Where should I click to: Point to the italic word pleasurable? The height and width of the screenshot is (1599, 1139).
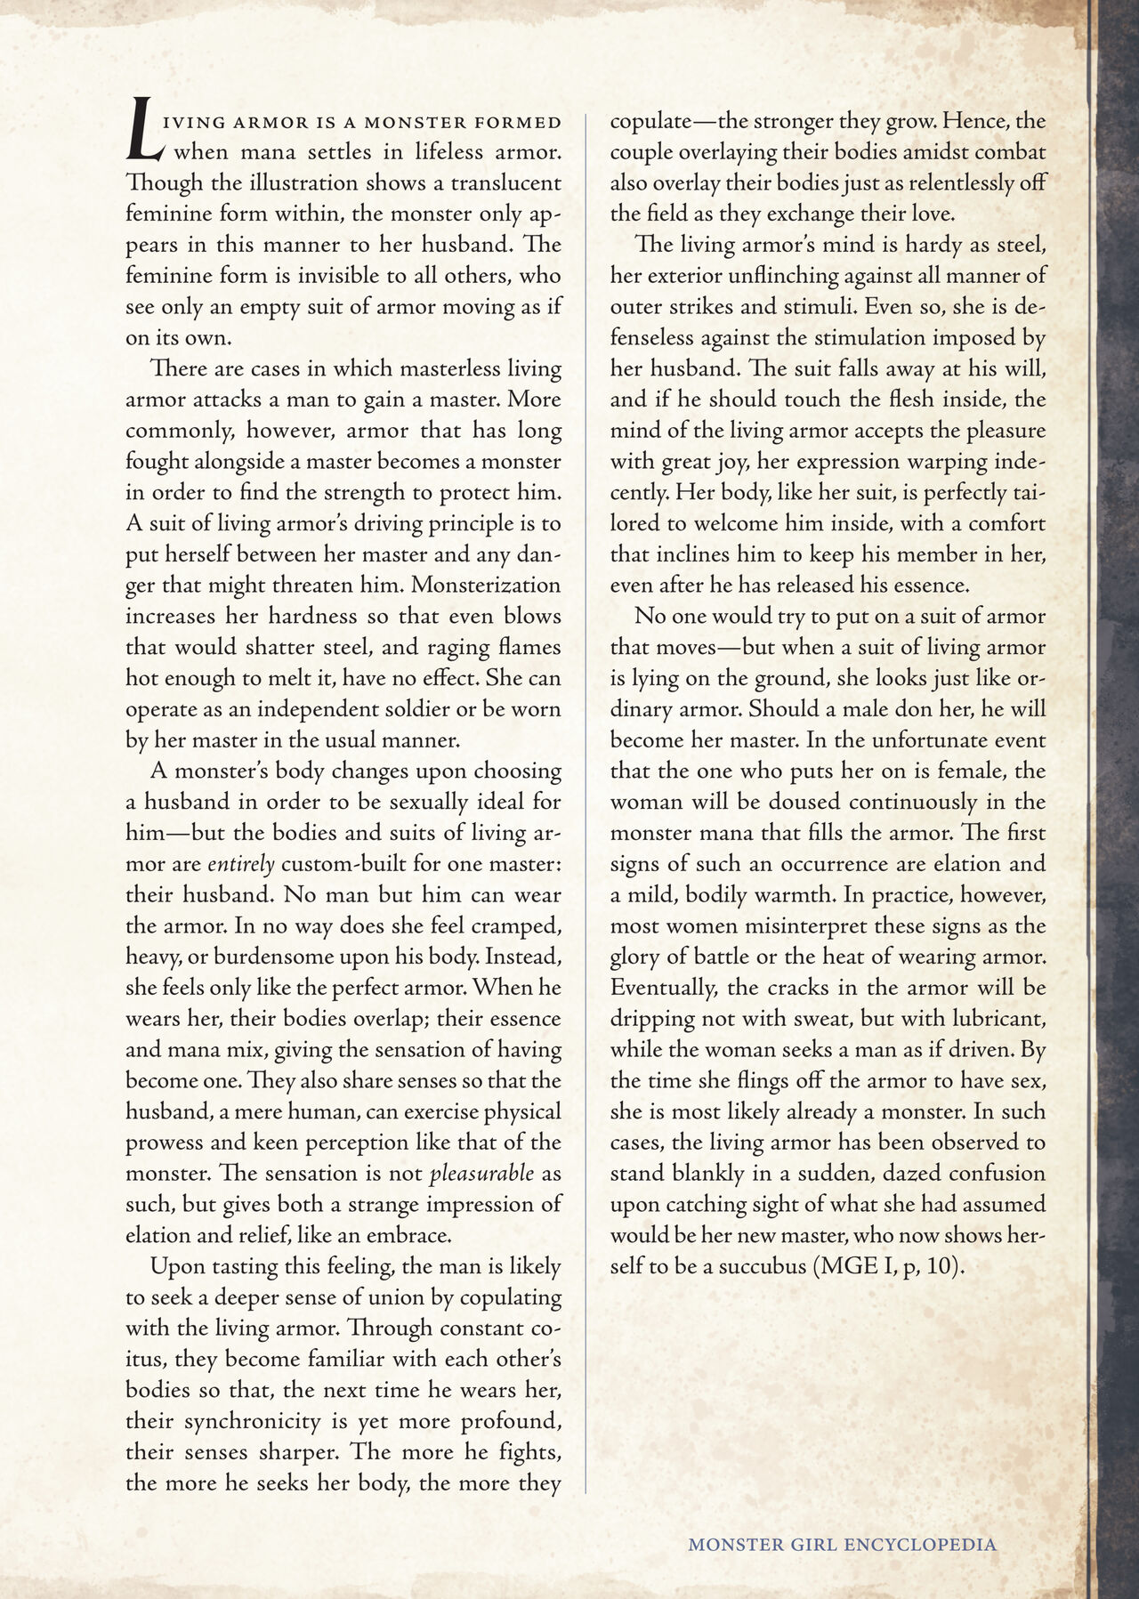481,1173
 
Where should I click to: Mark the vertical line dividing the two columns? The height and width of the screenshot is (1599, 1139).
586,801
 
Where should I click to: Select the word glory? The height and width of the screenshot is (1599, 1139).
638,957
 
